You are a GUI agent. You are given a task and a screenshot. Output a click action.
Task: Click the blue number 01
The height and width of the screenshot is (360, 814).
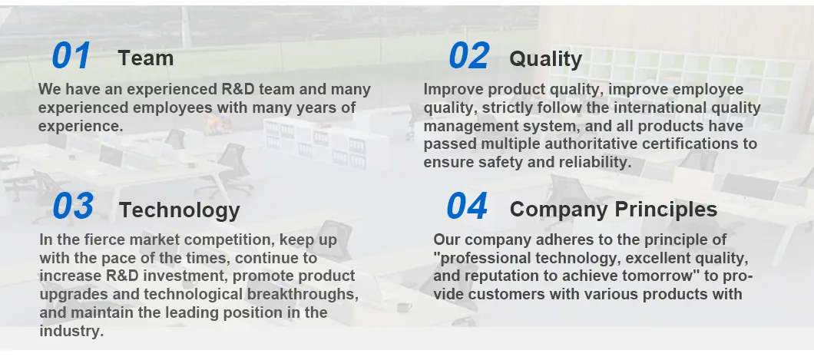click(x=71, y=56)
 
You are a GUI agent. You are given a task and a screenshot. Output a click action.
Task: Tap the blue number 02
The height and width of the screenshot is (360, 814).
click(x=468, y=56)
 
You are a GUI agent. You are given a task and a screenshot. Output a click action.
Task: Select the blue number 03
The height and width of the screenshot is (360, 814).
click(x=73, y=206)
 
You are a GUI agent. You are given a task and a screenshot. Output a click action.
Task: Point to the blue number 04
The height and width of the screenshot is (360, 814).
click(x=467, y=206)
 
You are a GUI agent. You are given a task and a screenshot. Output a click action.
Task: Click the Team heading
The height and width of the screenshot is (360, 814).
click(x=146, y=58)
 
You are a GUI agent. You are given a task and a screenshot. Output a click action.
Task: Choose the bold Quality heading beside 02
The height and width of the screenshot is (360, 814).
click(x=545, y=58)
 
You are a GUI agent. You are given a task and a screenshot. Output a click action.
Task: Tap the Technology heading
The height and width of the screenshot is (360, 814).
click(x=180, y=210)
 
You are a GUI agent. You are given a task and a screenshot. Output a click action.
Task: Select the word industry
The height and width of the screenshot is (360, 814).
click(x=70, y=331)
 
